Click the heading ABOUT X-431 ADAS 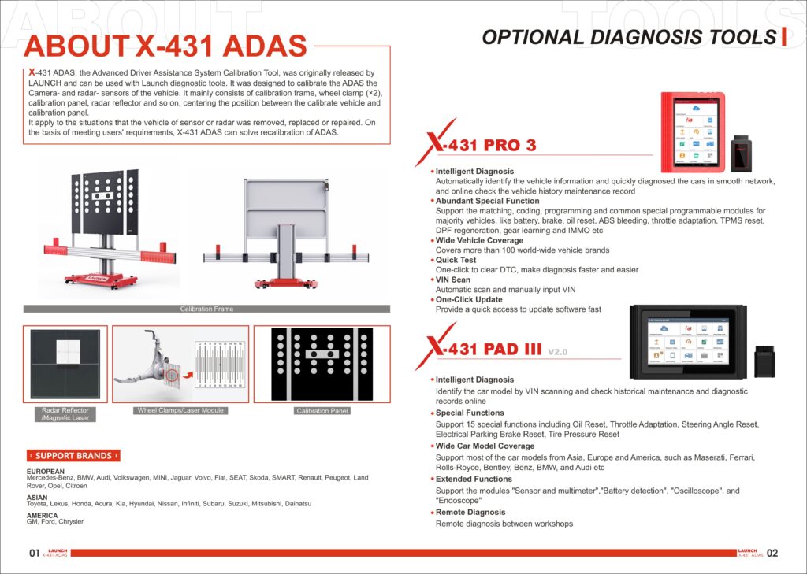click(165, 46)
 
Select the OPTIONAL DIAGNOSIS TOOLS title click(628, 37)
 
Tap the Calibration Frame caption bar click(206, 309)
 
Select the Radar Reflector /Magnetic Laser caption click(65, 414)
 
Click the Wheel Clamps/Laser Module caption click(180, 410)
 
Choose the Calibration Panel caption click(322, 411)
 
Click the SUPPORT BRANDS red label click(73, 455)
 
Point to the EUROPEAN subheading click(46, 472)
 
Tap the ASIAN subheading click(37, 498)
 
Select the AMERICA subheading click(42, 516)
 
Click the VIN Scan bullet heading click(453, 280)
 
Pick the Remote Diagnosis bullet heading click(470, 512)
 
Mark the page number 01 click(34, 554)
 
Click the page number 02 click(772, 554)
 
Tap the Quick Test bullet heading click(456, 260)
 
